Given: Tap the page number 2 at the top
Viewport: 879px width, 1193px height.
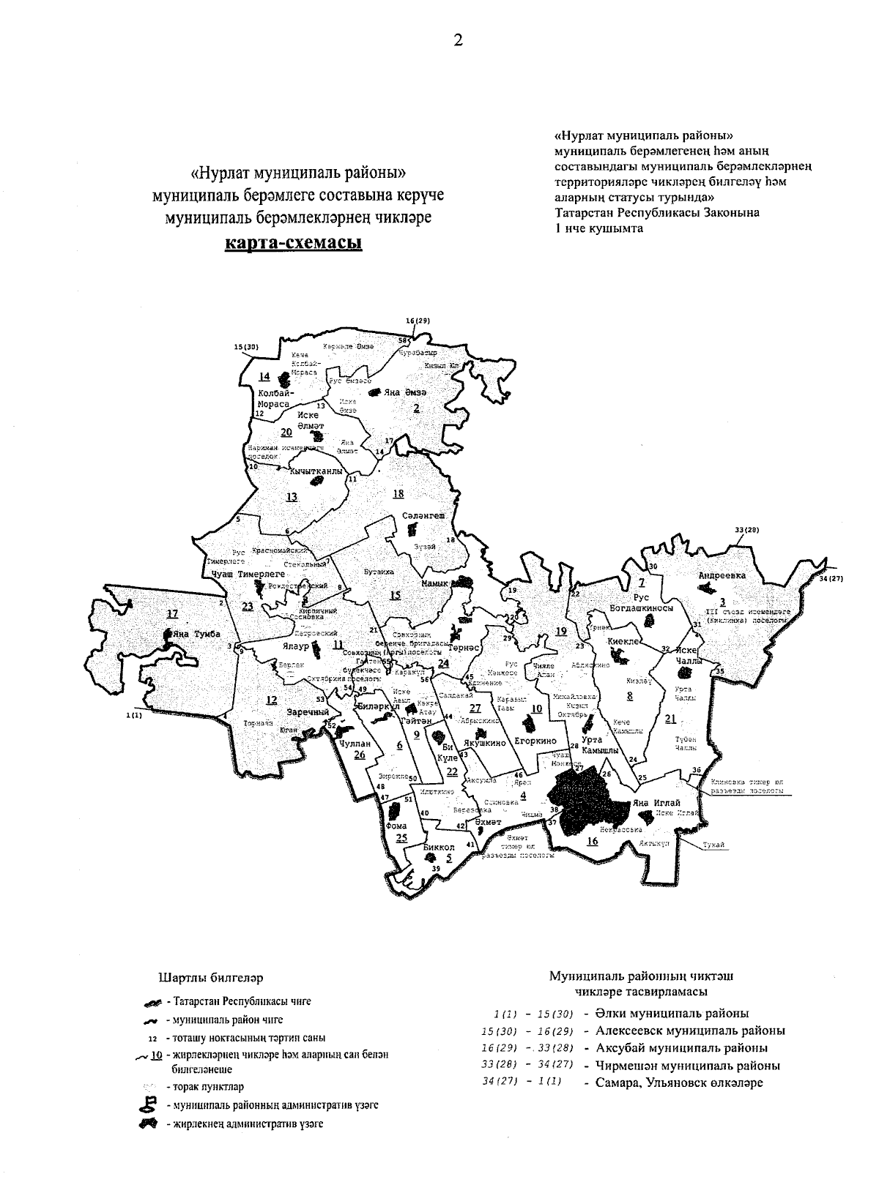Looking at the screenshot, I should pos(458,41).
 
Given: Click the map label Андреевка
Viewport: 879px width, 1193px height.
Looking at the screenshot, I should pos(722,576).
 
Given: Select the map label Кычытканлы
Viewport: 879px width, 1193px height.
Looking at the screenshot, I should pos(316,471).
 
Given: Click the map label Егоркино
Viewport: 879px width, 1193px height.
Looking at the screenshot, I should pos(536,741).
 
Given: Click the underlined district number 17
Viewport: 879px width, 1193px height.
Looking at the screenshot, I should pos(172,613).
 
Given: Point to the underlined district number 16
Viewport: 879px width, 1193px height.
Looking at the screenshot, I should pos(592,841).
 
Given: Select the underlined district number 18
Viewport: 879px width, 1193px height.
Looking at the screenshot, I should pos(398,493).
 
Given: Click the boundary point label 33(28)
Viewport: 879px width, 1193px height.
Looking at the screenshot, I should pos(746,530).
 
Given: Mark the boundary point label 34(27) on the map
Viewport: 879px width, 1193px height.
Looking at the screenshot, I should pos(831,579).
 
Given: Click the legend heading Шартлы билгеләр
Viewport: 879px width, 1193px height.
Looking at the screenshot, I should pos(211,977).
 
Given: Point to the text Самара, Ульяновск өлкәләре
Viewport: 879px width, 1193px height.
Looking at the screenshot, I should pos(679,1082).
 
